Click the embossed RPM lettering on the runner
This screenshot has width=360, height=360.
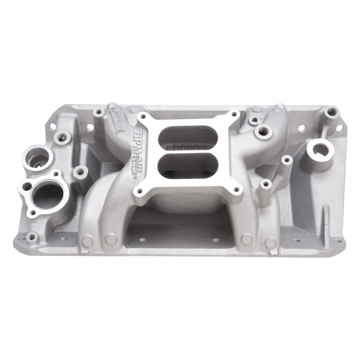pos(139,137)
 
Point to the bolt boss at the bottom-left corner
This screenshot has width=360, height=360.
pos(31,236)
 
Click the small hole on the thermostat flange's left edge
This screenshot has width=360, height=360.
pos(28,186)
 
